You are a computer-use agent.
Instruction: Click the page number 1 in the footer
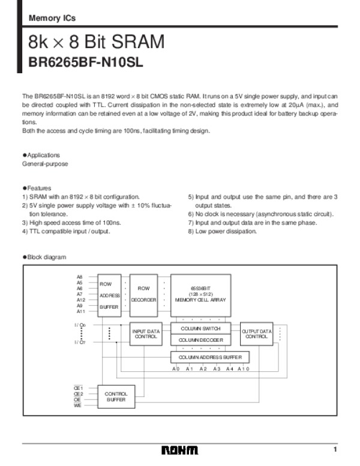[x=336, y=450]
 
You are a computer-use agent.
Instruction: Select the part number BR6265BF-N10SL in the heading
[x=87, y=61]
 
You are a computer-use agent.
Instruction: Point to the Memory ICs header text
[x=52, y=19]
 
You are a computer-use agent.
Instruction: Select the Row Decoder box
[x=143, y=294]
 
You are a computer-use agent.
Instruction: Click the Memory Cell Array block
[x=200, y=294]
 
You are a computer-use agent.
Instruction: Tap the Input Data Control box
[x=145, y=334]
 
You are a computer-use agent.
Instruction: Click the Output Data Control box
[x=257, y=333]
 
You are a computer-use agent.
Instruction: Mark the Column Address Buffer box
[x=209, y=357]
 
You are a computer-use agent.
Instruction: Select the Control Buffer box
[x=116, y=396]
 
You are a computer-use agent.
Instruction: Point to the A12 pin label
[x=80, y=300]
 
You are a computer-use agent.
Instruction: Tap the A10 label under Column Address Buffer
[x=242, y=369]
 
